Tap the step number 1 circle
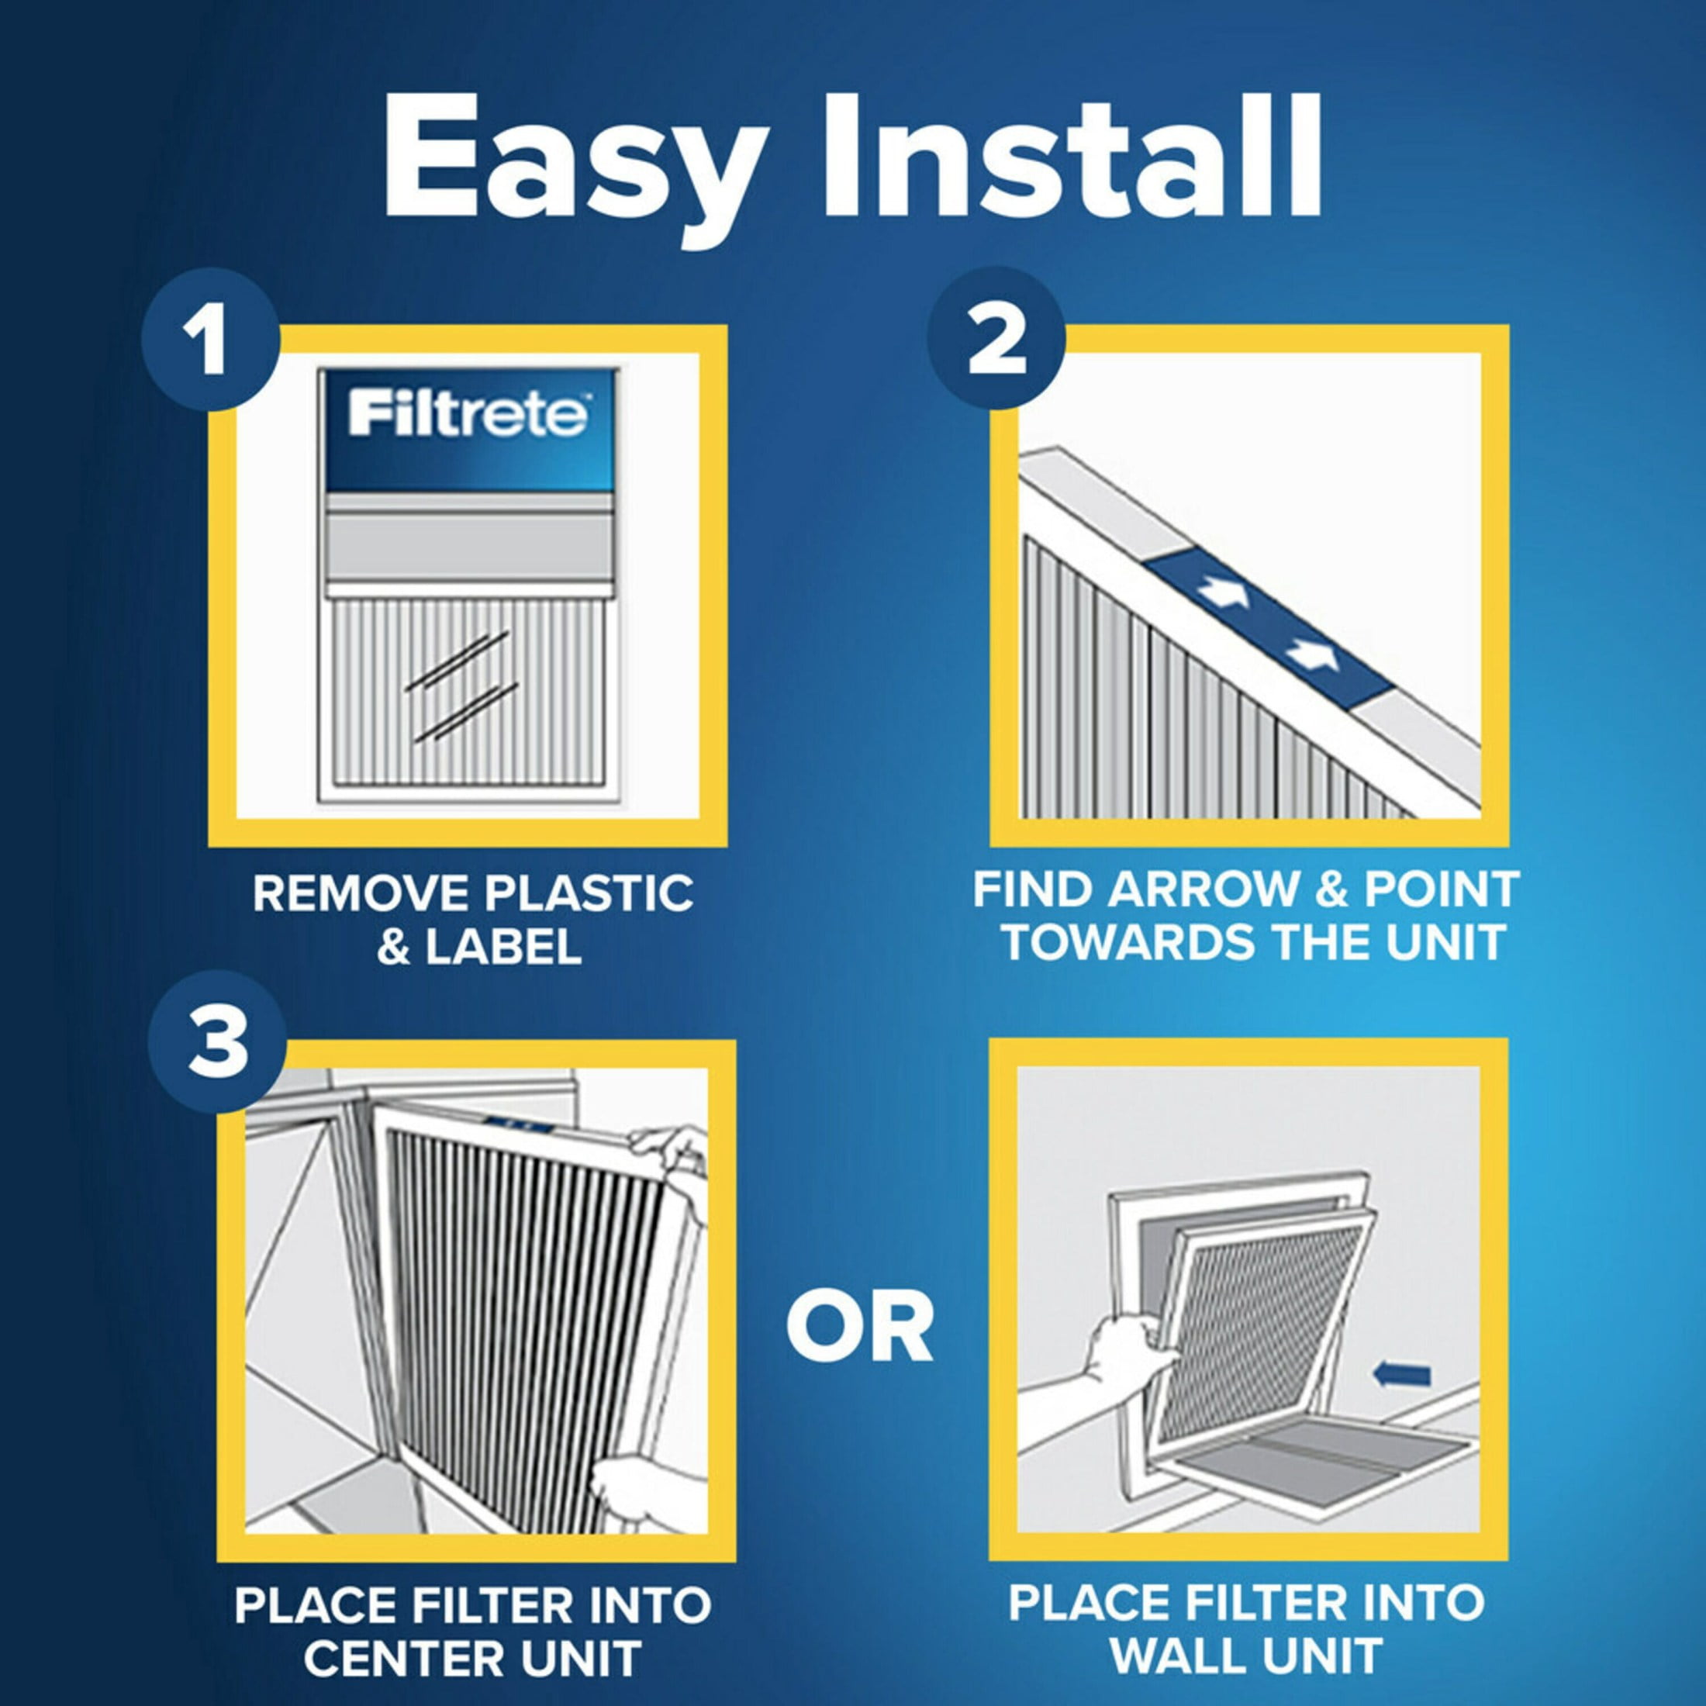209,342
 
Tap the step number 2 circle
996,338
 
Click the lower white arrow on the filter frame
1312,654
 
